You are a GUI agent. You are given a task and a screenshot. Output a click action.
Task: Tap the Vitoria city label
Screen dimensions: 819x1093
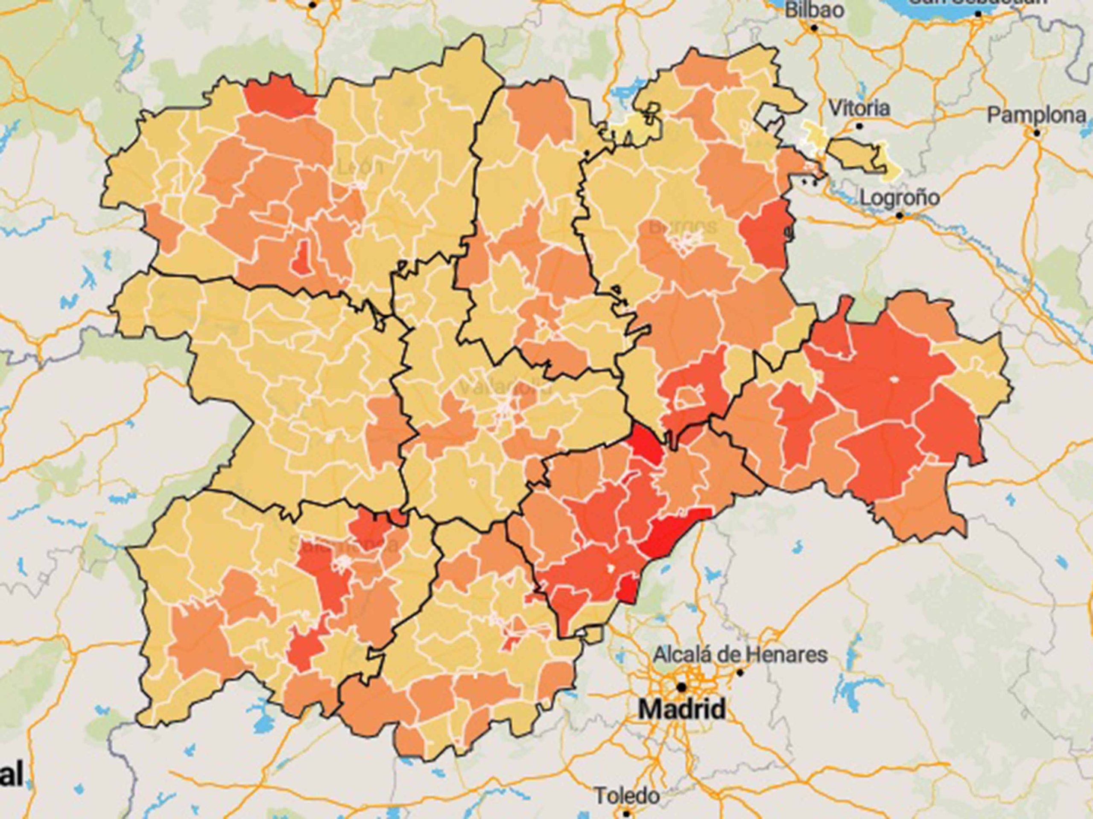[x=860, y=108]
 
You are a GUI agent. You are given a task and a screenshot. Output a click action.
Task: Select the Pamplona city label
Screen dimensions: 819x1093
[x=1037, y=116]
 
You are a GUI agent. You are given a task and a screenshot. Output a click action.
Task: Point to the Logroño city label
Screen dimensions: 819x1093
[x=899, y=197]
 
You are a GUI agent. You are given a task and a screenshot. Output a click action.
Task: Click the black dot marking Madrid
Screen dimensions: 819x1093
[x=682, y=687]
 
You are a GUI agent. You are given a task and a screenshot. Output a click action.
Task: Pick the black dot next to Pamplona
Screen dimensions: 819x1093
[x=1037, y=132]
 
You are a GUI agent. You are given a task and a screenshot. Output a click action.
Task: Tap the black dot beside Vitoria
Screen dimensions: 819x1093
[x=860, y=126]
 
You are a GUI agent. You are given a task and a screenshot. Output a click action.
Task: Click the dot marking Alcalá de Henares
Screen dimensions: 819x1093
[x=740, y=672]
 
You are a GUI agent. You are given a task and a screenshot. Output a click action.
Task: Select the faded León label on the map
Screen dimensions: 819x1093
[x=360, y=168]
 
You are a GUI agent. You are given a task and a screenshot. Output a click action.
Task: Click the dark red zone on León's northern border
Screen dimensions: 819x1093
[x=279, y=96]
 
